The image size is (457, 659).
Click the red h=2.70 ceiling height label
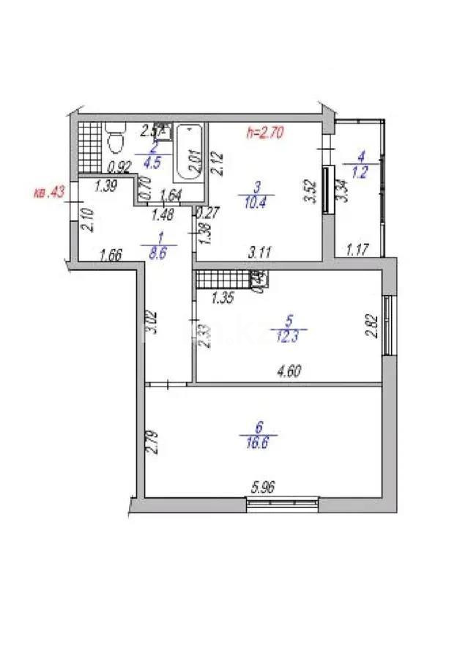tap(266, 133)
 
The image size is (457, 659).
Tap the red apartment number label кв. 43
tap(50, 193)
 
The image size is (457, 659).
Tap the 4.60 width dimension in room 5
tap(289, 371)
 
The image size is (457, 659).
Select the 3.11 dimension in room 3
tap(259, 253)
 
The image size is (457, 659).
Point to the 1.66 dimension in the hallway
tap(110, 256)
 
